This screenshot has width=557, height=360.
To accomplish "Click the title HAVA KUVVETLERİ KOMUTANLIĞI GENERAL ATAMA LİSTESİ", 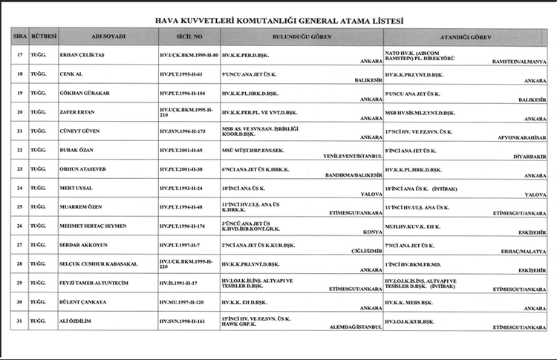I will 279,22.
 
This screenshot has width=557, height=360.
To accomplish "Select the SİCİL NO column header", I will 189,36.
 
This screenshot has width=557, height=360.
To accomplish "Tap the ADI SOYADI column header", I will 108,36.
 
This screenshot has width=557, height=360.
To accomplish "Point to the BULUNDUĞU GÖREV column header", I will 302,36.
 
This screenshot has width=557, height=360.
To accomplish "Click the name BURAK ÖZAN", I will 77,150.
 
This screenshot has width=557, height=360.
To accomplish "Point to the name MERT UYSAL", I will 76,188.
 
